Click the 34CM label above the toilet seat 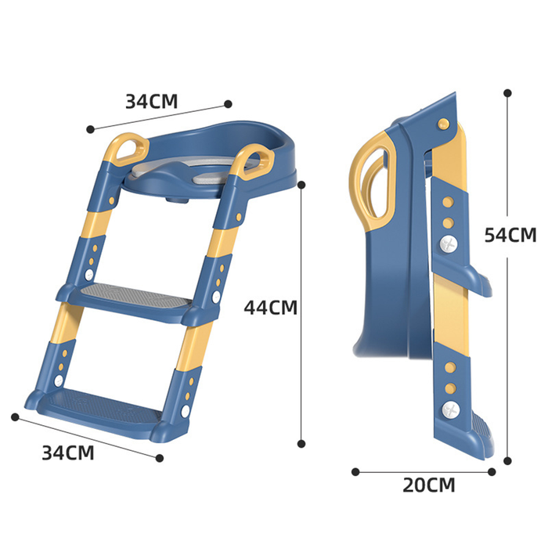click(x=152, y=101)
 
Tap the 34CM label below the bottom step click(x=68, y=452)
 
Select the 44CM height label click(x=271, y=307)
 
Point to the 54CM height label click(x=510, y=234)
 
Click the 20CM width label click(x=428, y=485)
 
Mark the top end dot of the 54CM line click(x=508, y=92)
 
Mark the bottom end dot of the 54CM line click(x=508, y=461)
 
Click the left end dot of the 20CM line click(x=355, y=471)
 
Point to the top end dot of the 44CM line click(x=301, y=185)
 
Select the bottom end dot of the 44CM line click(x=301, y=443)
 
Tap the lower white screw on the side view click(x=449, y=409)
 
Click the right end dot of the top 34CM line click(x=229, y=103)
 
